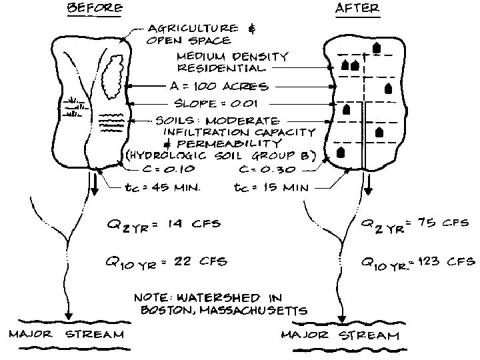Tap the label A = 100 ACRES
[x=218, y=87]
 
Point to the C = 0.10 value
[x=175, y=169]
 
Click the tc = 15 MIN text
[x=272, y=188]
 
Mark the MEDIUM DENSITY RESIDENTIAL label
[x=232, y=61]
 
